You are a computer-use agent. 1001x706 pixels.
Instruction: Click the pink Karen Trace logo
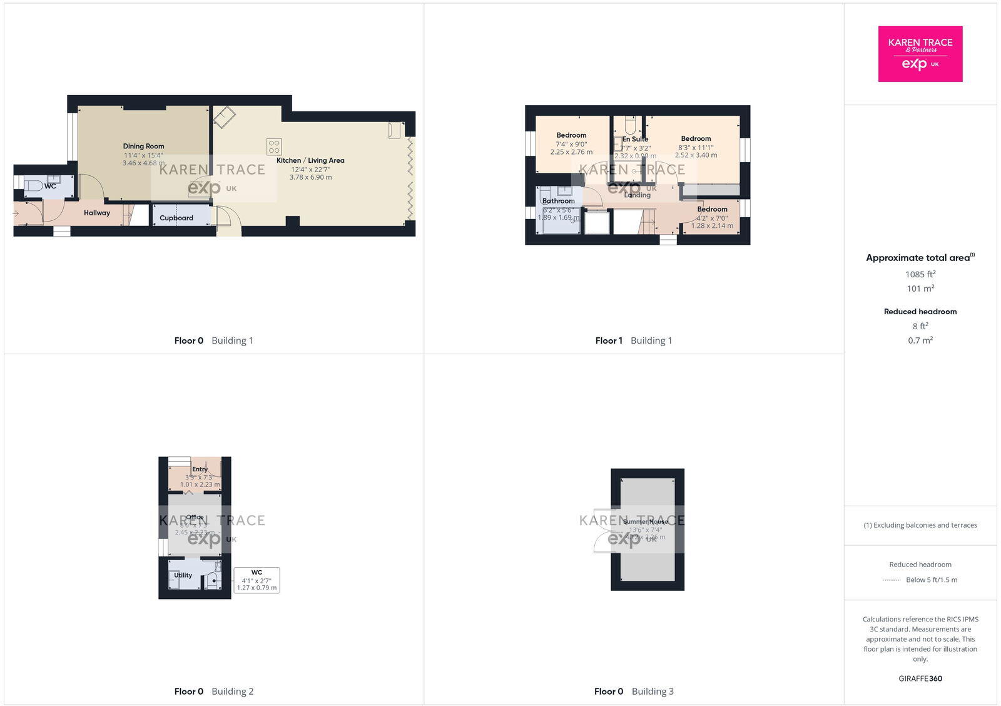tap(920, 54)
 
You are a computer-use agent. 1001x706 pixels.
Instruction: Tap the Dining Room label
tap(143, 146)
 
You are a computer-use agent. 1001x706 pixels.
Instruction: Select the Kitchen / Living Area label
tap(310, 160)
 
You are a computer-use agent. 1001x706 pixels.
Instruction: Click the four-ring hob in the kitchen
tap(274, 146)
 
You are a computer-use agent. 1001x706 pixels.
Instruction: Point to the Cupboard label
tap(176, 218)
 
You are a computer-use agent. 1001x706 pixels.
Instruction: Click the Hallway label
tap(97, 213)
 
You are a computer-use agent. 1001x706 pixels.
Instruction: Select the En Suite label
tap(635, 139)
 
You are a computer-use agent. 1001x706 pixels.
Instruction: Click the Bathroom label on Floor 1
tap(558, 201)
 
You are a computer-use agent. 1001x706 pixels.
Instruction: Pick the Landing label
tap(637, 195)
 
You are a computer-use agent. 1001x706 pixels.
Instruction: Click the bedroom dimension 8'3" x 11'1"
tap(696, 148)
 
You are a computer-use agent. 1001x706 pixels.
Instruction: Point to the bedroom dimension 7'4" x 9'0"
tap(571, 144)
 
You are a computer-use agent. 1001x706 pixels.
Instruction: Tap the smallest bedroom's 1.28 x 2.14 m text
tap(712, 226)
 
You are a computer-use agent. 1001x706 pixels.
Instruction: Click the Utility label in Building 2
tap(183, 575)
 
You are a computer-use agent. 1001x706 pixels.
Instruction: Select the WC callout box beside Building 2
tap(257, 580)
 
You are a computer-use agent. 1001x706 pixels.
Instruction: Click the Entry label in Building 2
tap(200, 469)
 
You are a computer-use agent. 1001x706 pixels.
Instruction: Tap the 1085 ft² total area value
tap(920, 274)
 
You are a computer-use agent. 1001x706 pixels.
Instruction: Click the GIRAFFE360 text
tap(920, 678)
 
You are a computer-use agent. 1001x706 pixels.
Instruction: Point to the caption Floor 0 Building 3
tap(634, 692)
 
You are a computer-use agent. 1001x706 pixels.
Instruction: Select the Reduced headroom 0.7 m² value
tap(920, 340)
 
